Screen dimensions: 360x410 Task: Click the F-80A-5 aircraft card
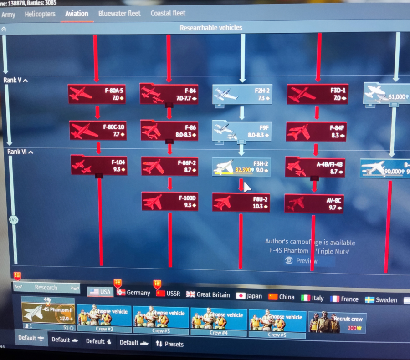96,94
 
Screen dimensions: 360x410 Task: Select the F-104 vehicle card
98,165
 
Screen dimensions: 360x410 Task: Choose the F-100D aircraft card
169,202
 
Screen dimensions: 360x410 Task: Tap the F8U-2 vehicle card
241,203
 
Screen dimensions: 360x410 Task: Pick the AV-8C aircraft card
314,203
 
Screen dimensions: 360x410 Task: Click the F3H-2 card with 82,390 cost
241,167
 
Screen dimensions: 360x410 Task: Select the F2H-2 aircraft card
242,95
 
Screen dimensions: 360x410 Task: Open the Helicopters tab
40,14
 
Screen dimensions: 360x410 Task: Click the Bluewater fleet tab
119,14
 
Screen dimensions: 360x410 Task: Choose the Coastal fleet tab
168,13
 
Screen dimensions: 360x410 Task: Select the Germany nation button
133,293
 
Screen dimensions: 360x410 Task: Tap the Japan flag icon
241,295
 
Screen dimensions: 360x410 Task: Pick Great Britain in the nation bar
208,294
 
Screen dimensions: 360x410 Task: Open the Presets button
170,344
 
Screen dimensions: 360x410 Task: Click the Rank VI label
16,152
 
